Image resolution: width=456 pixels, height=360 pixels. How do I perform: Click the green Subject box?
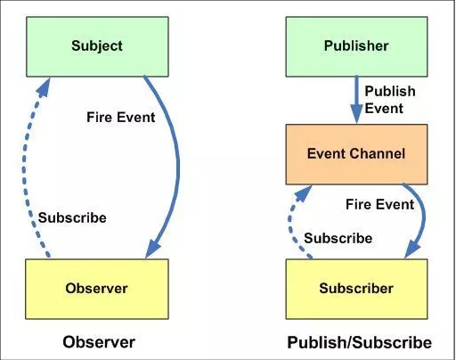[97, 46]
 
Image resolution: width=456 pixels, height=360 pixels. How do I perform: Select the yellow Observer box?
[97, 289]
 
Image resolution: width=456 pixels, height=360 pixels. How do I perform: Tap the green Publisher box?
[356, 46]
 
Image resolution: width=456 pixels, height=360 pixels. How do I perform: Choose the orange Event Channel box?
[356, 154]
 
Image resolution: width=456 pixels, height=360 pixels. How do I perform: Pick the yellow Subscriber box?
[356, 289]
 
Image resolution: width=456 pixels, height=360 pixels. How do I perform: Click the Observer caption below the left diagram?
[99, 342]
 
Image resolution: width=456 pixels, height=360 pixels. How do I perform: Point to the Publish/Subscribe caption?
[359, 342]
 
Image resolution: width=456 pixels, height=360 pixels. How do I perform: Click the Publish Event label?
[390, 100]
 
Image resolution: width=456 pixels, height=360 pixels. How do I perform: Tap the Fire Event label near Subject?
[120, 117]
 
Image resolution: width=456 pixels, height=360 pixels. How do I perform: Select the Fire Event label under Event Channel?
[379, 204]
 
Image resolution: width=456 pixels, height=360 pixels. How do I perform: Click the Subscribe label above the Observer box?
[72, 217]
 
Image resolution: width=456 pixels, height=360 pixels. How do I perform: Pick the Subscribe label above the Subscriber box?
[338, 238]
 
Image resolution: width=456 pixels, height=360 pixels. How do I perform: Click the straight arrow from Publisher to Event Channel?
[356, 100]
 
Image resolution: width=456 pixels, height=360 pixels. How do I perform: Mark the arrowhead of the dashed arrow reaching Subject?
[44, 86]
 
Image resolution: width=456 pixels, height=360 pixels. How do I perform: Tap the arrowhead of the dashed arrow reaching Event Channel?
[304, 193]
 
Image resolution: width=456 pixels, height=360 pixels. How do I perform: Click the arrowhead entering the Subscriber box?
[412, 250]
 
